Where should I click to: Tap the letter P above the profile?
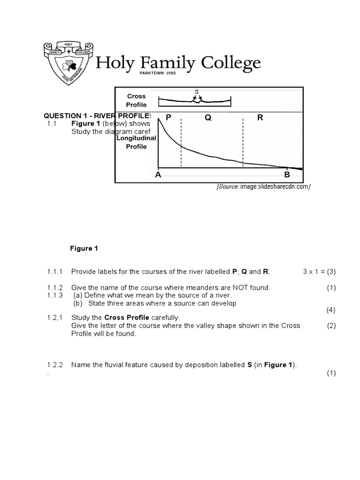pyautogui.click(x=168, y=118)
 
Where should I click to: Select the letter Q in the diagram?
pyautogui.click(x=208, y=118)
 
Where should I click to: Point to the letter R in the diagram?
pyautogui.click(x=260, y=118)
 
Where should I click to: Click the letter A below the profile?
pyautogui.click(x=158, y=175)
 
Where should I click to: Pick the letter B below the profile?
pyautogui.click(x=287, y=175)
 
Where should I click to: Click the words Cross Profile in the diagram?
pyautogui.click(x=136, y=100)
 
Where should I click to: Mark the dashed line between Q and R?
pyautogui.click(x=243, y=141)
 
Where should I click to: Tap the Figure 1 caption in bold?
pyautogui.click(x=84, y=248)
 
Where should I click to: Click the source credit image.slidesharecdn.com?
pyautogui.click(x=263, y=187)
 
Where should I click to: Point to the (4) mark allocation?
pyautogui.click(x=331, y=310)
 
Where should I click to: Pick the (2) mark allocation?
pyautogui.click(x=331, y=326)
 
